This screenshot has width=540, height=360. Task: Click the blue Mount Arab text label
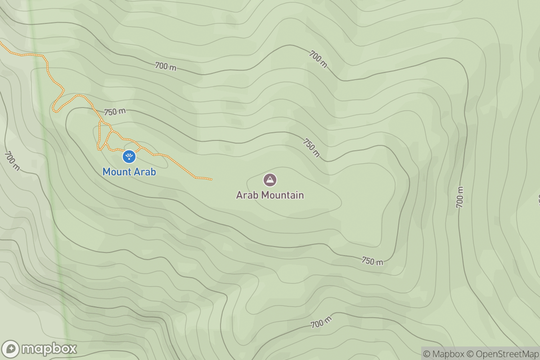pos(129,172)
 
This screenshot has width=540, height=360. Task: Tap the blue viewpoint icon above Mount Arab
pos(129,157)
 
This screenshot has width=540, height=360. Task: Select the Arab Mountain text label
pos(270,195)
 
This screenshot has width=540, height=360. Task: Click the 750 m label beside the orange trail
pos(115,112)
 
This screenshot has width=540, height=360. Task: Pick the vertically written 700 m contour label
pos(459,196)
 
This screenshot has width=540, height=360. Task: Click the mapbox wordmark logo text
pos(49,349)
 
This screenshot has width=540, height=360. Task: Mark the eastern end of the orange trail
pos(211,180)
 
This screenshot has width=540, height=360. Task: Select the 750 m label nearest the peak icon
pos(311,148)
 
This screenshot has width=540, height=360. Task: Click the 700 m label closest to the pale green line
pos(12,161)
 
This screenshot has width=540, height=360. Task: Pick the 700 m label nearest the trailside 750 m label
pos(166,67)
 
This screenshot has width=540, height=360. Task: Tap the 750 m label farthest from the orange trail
pos(373,261)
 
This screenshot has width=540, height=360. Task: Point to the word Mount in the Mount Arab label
pos(117,172)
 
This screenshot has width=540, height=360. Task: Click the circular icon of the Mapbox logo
pos(11,349)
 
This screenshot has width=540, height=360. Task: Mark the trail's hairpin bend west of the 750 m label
pos(54,108)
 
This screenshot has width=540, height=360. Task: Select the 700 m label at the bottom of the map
pos(321,323)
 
